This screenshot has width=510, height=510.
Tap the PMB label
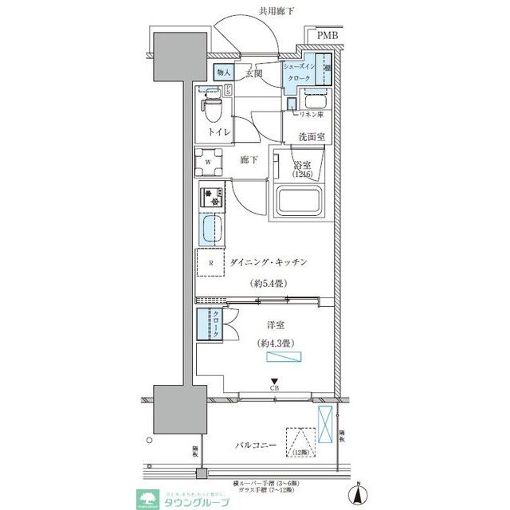tap(327, 36)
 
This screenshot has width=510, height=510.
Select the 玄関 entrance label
tap(253, 73)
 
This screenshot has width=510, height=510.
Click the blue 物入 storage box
tap(224, 73)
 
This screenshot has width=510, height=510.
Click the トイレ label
tap(220, 132)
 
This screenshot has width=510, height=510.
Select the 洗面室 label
tap(312, 137)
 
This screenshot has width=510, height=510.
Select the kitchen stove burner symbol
tap(210, 196)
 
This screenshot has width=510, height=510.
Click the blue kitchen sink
tap(210, 232)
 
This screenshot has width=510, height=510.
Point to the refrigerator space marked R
tap(211, 263)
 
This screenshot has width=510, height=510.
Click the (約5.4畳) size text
tap(270, 283)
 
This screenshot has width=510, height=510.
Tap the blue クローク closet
tap(210, 326)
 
